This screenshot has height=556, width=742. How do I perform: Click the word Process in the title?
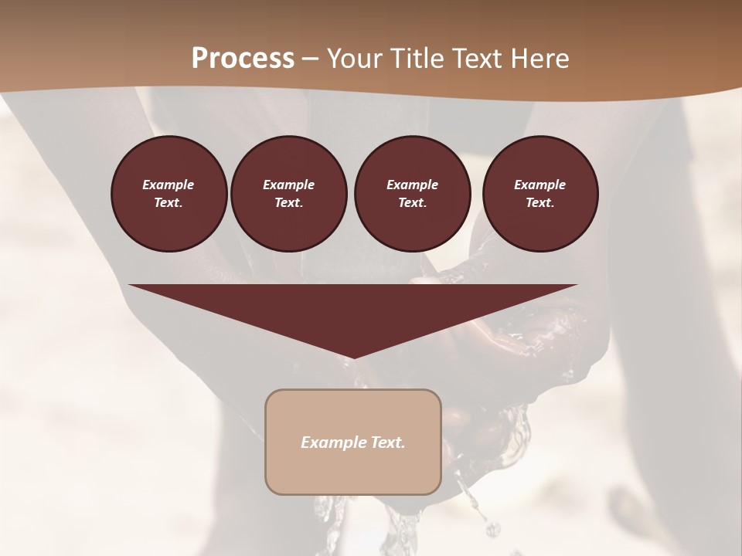click(243, 59)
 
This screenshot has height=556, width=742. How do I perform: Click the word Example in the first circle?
click(168, 185)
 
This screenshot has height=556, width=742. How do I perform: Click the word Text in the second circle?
click(288, 202)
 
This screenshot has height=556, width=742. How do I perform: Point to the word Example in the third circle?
click(412, 185)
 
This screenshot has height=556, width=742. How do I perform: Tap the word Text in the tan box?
click(389, 442)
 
